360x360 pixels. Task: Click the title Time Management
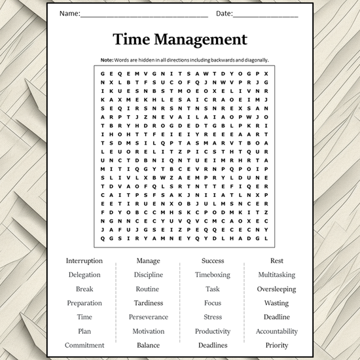(180, 39)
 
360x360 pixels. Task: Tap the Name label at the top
(70, 14)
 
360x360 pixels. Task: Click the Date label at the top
(224, 14)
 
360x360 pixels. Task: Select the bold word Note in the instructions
(107, 60)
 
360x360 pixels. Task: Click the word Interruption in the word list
(84, 261)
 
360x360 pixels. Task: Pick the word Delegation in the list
(84, 275)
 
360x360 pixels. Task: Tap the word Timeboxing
(213, 275)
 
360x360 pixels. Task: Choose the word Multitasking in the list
(276, 275)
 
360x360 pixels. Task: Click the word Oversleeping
(276, 289)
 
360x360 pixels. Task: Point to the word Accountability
(276, 331)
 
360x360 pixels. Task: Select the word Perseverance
(148, 317)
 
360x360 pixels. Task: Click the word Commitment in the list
(84, 346)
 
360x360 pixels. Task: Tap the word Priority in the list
(276, 346)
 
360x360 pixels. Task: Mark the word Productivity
(213, 331)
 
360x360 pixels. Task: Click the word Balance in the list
(148, 346)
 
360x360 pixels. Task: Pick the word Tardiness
(148, 303)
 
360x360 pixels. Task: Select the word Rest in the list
(276, 261)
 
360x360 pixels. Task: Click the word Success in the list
(213, 261)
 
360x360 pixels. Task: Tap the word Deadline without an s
(276, 317)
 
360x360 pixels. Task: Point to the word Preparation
(84, 303)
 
